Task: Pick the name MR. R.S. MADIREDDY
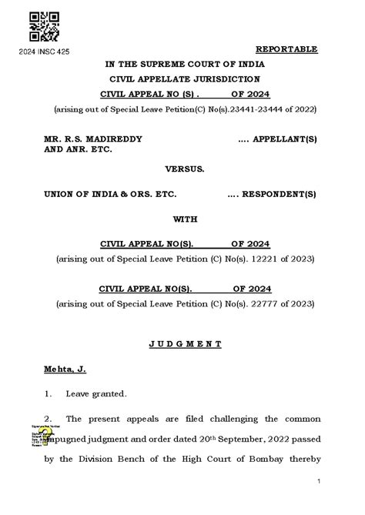(x=92, y=139)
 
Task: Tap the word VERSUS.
(x=185, y=169)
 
